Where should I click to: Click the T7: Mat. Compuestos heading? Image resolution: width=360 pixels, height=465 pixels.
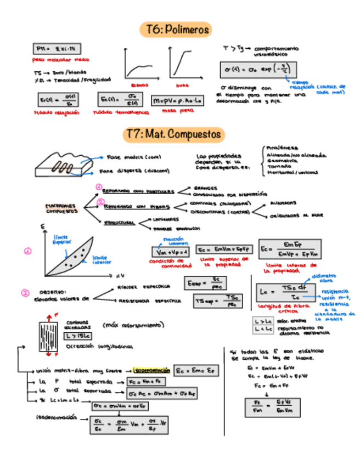click(x=173, y=133)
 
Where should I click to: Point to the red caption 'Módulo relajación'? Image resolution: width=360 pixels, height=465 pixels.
click(x=57, y=112)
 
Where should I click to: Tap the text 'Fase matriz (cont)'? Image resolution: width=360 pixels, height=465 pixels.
click(x=131, y=156)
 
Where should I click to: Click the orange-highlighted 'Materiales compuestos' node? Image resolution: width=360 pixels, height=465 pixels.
click(x=61, y=209)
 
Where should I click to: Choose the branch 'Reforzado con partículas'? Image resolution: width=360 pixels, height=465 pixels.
click(x=138, y=191)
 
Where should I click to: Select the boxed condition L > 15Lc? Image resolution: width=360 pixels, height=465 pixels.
click(x=75, y=336)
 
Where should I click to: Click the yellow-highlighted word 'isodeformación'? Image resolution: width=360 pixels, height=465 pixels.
click(x=150, y=370)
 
